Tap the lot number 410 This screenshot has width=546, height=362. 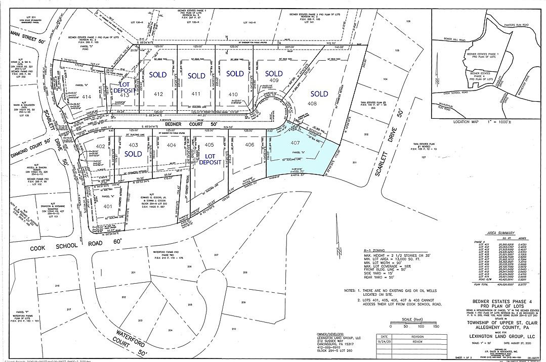[233, 95]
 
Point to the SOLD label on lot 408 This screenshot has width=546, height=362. [319, 94]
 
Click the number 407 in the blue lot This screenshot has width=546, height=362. [296, 143]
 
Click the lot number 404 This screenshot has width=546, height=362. [172, 145]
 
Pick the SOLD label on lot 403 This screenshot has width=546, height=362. [133, 154]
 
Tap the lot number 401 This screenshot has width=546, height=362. [108, 206]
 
